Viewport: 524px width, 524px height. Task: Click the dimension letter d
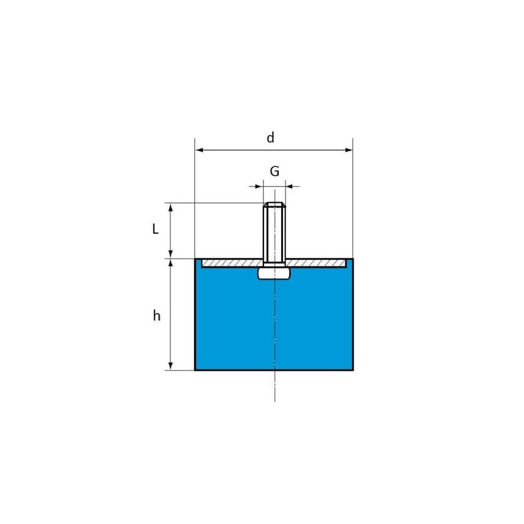click(271, 138)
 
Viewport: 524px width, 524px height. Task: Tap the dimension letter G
click(274, 171)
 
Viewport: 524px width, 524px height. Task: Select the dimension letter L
click(155, 229)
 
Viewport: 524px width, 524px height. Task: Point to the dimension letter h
click(157, 316)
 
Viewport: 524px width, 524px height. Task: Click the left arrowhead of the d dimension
click(200, 150)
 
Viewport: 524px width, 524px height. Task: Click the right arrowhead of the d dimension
click(348, 150)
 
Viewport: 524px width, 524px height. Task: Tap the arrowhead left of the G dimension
click(259, 186)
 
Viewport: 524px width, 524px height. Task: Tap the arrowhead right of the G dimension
click(290, 186)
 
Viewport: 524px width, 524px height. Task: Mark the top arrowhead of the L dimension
click(170, 207)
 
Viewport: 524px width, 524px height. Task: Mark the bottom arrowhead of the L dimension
click(170, 253)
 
